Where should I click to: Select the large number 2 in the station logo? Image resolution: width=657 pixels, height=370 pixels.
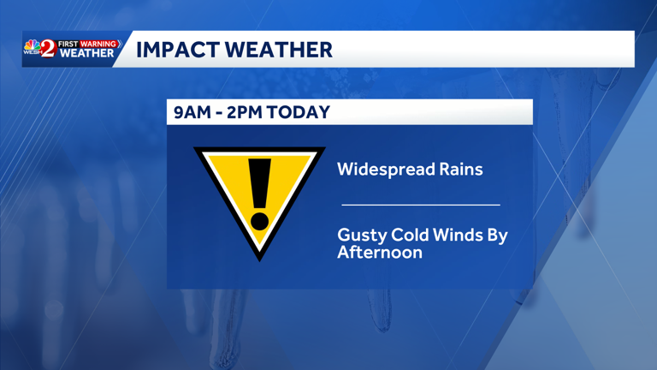click(x=48, y=49)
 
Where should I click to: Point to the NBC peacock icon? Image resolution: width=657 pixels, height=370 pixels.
click(x=31, y=46)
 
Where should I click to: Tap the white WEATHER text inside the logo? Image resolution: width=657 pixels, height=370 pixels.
click(x=86, y=54)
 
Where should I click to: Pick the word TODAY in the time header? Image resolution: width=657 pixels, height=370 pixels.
click(x=299, y=112)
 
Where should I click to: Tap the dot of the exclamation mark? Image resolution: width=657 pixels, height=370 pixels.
click(x=259, y=222)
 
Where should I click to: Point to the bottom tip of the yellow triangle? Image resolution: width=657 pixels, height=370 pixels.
click(x=259, y=255)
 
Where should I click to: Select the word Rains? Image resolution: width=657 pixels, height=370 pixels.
click(x=460, y=169)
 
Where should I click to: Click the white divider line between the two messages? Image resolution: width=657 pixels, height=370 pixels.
click(x=420, y=205)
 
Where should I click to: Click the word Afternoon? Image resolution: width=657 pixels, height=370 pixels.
click(x=380, y=253)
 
